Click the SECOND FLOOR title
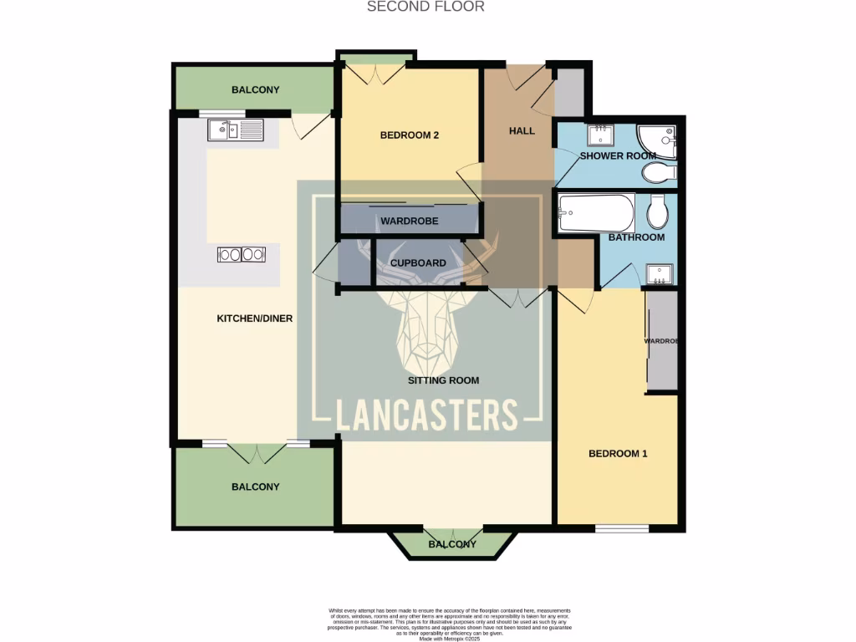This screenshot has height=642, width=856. tap(426, 7)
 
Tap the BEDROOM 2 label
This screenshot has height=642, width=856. tap(409, 135)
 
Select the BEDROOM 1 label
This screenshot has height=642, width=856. tap(618, 454)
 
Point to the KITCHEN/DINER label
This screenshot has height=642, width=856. tap(254, 318)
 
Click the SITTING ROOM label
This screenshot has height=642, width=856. tap(443, 380)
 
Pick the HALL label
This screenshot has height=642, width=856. tap(522, 131)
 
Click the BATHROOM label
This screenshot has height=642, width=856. tap(636, 237)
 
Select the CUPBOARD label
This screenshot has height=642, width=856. tap(418, 263)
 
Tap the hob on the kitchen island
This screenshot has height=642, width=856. tap(242, 254)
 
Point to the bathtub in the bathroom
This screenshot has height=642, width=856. tap(596, 213)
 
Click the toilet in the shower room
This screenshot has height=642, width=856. tap(659, 173)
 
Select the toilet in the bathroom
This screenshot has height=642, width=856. tap(657, 212)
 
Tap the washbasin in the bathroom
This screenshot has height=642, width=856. tap(660, 274)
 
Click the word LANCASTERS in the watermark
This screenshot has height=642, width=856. tap(427, 415)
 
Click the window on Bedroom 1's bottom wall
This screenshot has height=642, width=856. tap(622, 528)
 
